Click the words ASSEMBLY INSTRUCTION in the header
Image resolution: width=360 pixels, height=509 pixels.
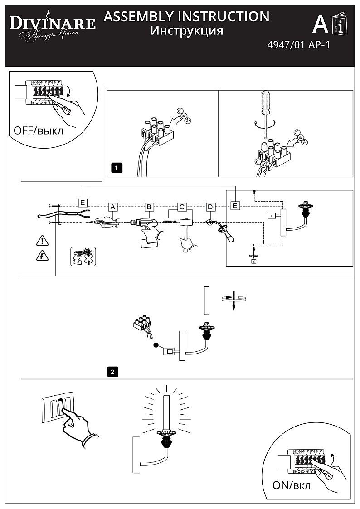click(x=186, y=17)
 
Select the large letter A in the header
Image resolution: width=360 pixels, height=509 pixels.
click(x=321, y=25)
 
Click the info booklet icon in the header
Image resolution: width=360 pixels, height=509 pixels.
click(x=339, y=25)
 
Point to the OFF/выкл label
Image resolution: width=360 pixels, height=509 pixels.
click(x=39, y=131)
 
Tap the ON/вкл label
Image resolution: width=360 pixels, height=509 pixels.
click(x=292, y=486)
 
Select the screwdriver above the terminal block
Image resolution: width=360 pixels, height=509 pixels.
click(x=265, y=109)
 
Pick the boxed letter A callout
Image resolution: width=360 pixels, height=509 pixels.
click(x=113, y=206)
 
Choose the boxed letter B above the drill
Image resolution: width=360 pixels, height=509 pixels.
click(x=149, y=206)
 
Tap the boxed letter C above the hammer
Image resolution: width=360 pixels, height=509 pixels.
click(x=182, y=206)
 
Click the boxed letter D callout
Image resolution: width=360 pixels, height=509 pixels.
click(x=211, y=206)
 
